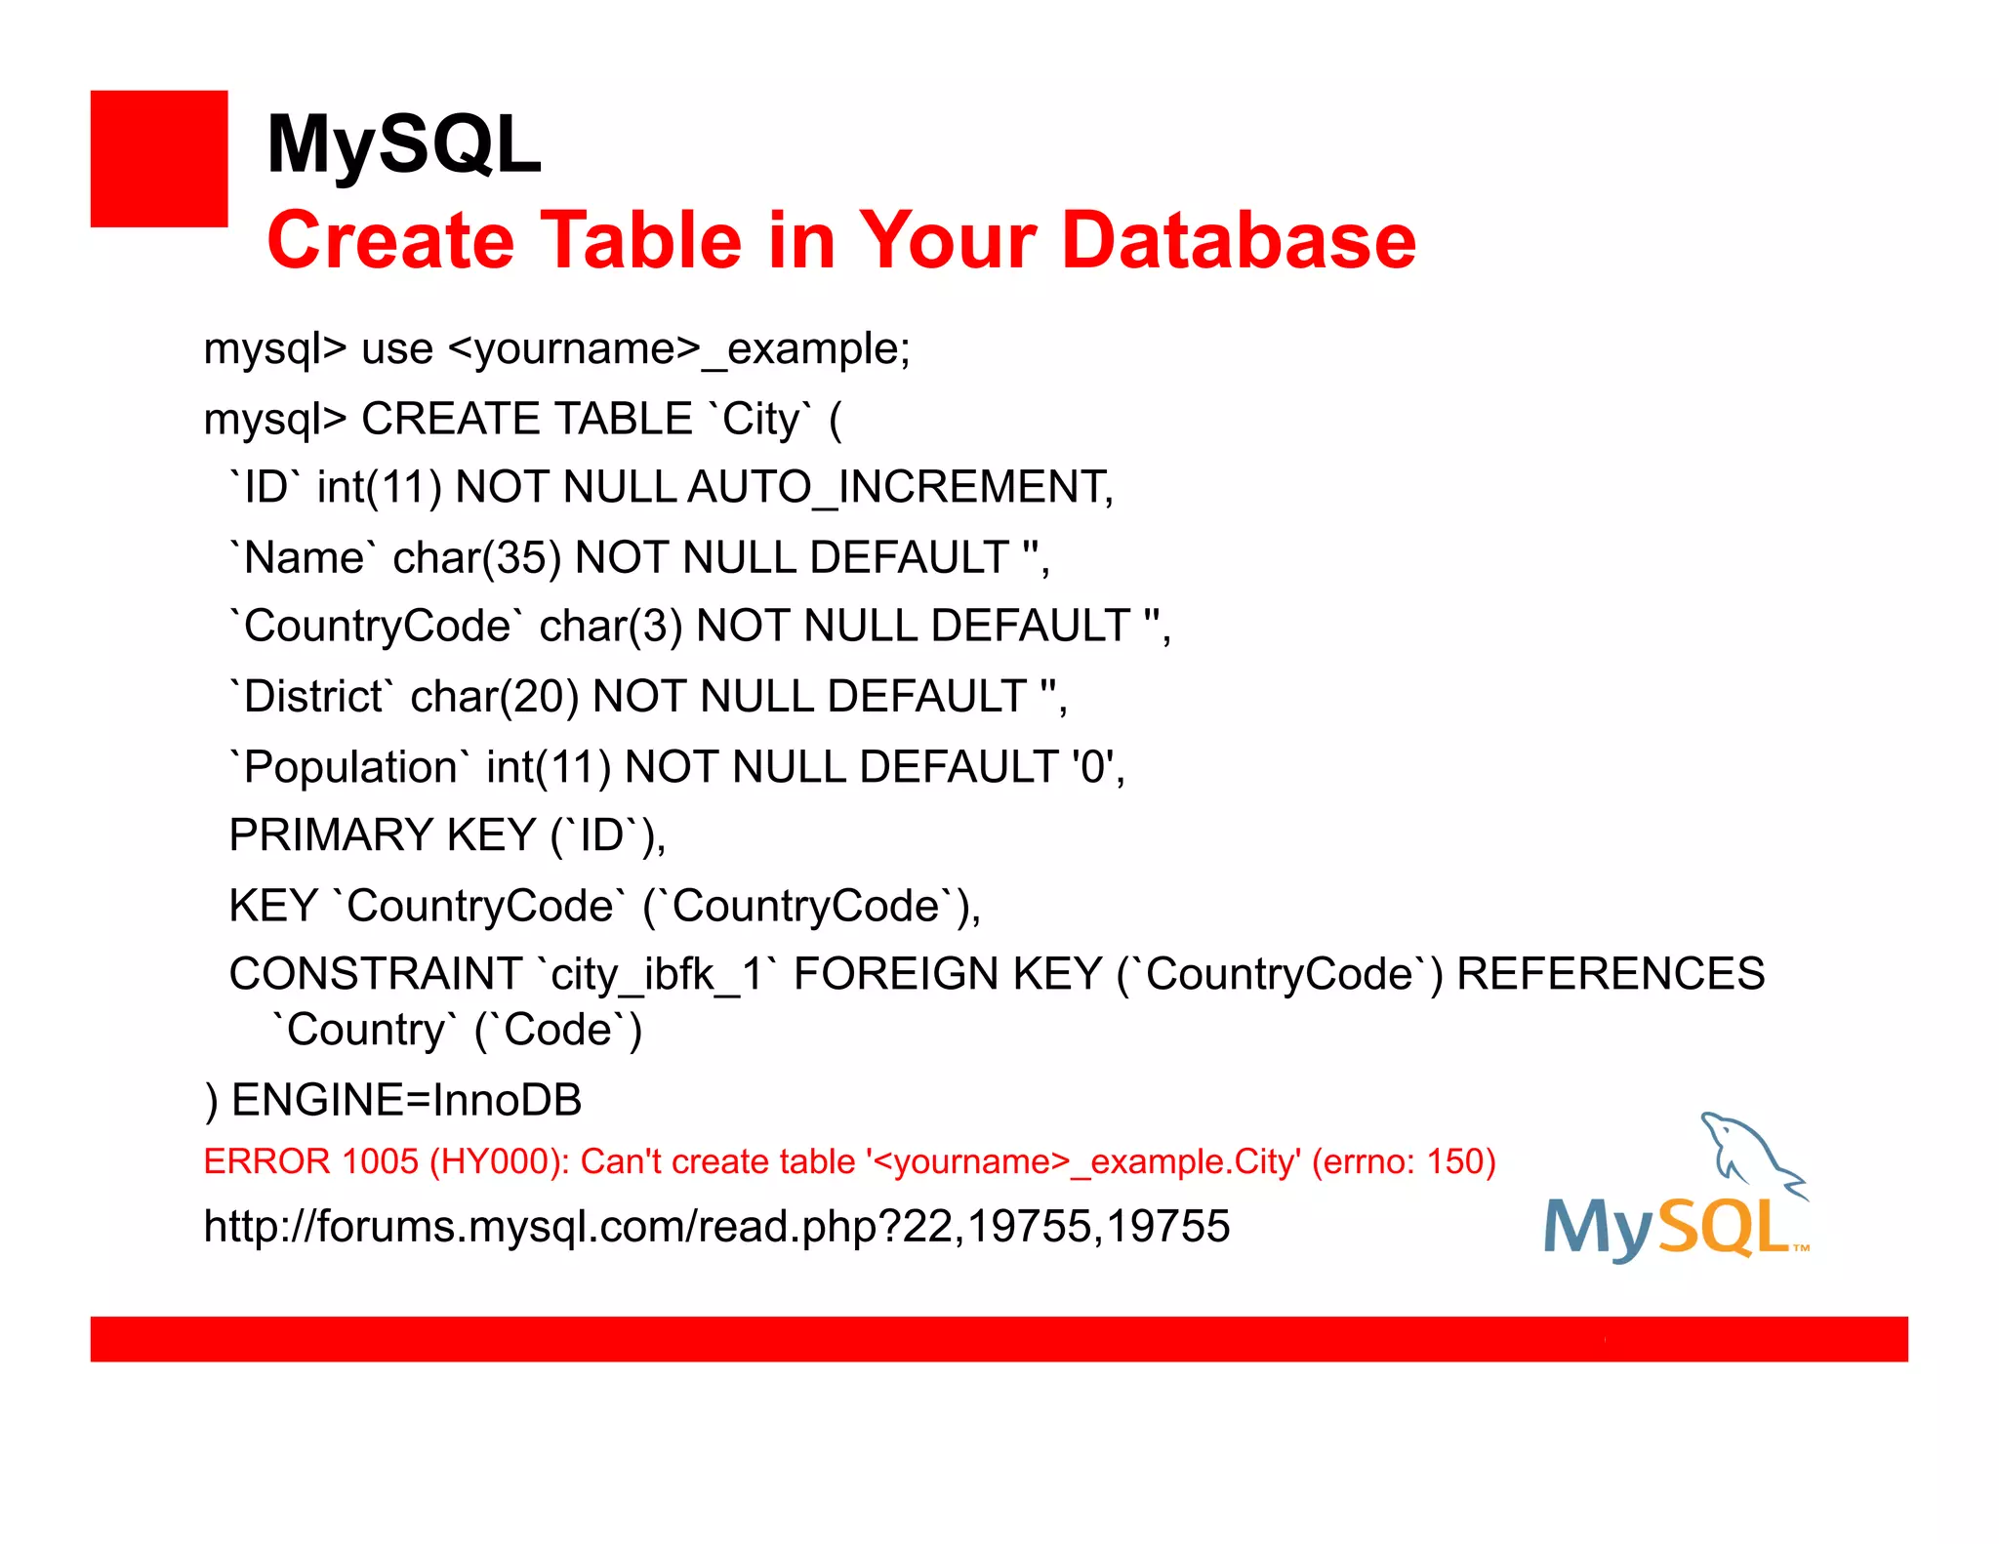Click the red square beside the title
[x=159, y=159]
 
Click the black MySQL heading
[x=403, y=144]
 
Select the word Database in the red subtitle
[x=1238, y=240]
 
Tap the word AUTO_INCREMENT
[x=899, y=487]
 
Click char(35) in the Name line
[x=476, y=558]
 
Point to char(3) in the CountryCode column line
[x=610, y=627]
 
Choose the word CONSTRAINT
[x=376, y=974]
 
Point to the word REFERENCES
[x=1611, y=974]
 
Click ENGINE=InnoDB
[x=406, y=1100]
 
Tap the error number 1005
[x=381, y=1161]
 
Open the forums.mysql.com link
[x=716, y=1226]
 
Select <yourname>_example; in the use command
[x=679, y=349]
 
